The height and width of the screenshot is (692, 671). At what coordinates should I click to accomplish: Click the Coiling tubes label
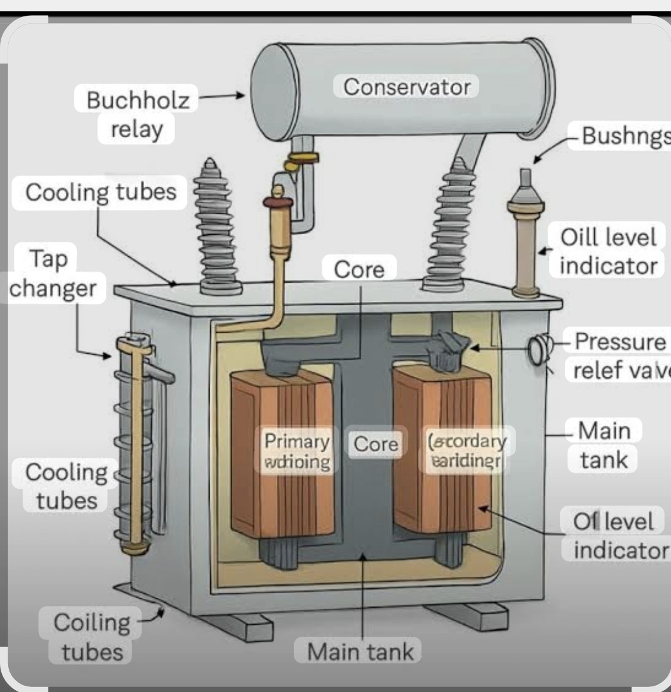pyautogui.click(x=92, y=636)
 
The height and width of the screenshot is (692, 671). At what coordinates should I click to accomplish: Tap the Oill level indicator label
pyautogui.click(x=608, y=251)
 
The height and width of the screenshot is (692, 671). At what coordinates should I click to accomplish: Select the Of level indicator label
pyautogui.click(x=618, y=535)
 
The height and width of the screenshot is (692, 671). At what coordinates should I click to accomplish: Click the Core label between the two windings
pyautogui.click(x=376, y=444)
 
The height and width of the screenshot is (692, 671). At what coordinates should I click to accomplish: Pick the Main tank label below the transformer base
pyautogui.click(x=361, y=651)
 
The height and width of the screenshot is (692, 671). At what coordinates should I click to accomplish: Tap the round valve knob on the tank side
pyautogui.click(x=537, y=350)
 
